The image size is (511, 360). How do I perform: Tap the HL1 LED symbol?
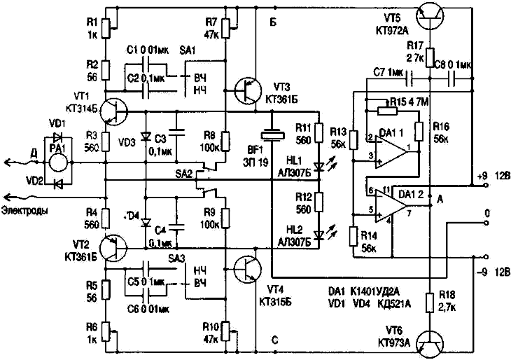click(320, 165)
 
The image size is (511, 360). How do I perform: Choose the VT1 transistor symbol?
click(112, 110)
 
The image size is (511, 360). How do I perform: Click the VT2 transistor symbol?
click(112, 245)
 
